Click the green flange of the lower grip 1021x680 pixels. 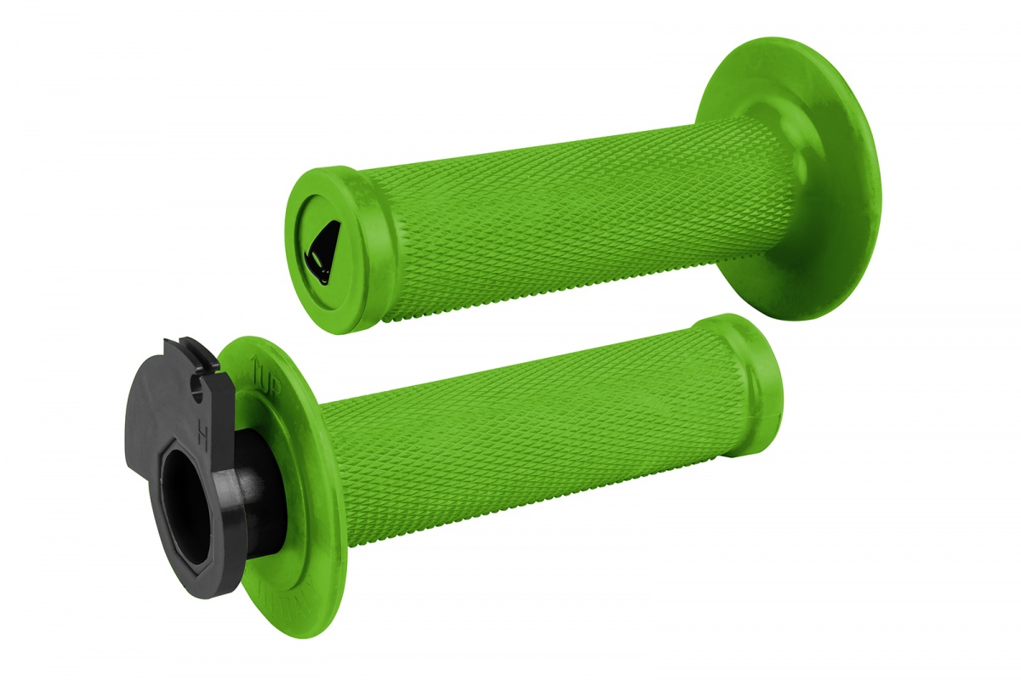click(294, 586)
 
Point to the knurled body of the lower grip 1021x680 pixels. click(528, 442)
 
